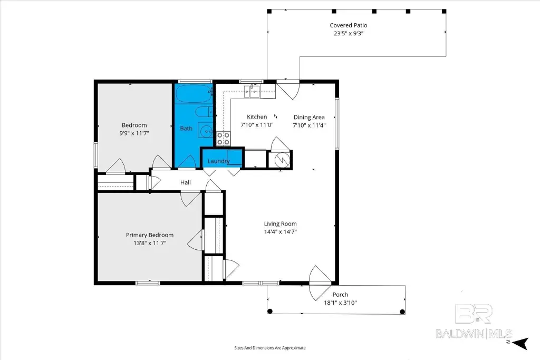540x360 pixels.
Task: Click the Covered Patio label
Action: click(348, 25)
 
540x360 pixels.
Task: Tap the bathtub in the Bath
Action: click(194, 94)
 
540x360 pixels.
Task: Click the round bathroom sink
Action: click(206, 130)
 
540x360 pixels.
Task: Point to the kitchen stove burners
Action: click(223, 138)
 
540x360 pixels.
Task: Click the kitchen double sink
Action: click(252, 92)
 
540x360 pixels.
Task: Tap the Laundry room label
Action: click(218, 161)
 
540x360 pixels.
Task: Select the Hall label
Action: click(185, 182)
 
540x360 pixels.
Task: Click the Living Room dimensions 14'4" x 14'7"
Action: click(281, 231)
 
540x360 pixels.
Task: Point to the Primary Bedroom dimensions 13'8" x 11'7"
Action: click(150, 243)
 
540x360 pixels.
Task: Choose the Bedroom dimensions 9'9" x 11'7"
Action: click(134, 133)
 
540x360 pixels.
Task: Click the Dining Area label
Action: click(309, 118)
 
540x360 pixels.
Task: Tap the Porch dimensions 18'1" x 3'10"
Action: click(340, 303)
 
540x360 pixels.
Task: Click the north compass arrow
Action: click(521, 343)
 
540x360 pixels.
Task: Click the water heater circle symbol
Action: click(282, 159)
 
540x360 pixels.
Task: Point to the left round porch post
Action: click(270, 312)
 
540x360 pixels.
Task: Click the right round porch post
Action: click(402, 312)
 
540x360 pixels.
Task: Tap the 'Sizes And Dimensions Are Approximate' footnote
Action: click(270, 348)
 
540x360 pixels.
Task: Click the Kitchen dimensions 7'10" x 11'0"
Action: click(257, 125)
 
